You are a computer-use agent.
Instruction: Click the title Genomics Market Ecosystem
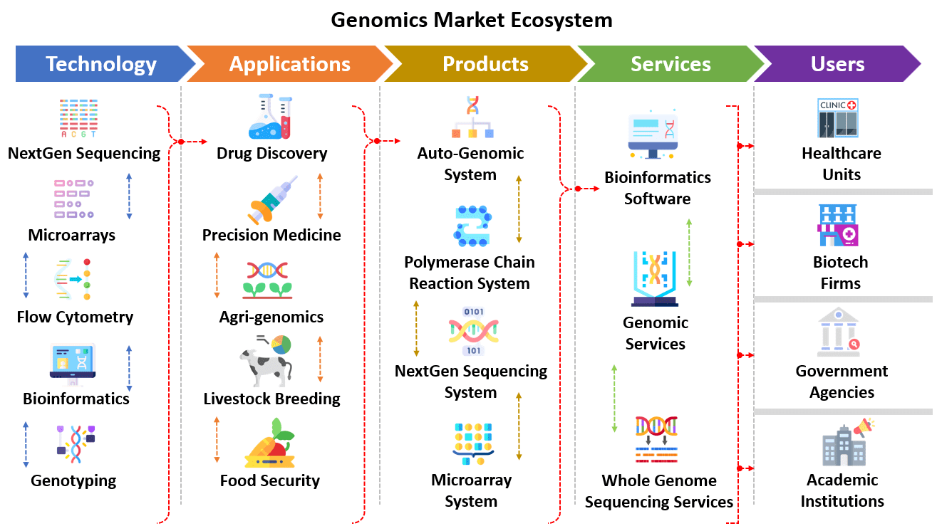click(x=471, y=19)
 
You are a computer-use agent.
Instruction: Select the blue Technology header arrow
click(x=100, y=64)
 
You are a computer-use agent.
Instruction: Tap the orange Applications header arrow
click(x=289, y=64)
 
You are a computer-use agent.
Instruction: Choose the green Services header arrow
click(x=670, y=64)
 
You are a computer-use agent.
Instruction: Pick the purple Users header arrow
click(x=837, y=64)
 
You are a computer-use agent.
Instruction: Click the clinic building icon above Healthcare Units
click(x=838, y=118)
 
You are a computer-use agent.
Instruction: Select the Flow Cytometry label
click(x=75, y=317)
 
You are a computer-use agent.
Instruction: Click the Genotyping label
click(x=73, y=480)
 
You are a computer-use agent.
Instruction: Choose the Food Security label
click(x=270, y=480)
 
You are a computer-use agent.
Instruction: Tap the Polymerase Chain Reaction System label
click(x=470, y=273)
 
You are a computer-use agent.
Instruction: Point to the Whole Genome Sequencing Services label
click(x=658, y=491)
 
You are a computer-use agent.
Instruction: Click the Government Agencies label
click(x=842, y=382)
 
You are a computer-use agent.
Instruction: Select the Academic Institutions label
click(x=842, y=490)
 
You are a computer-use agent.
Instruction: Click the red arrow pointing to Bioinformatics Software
click(x=586, y=189)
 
